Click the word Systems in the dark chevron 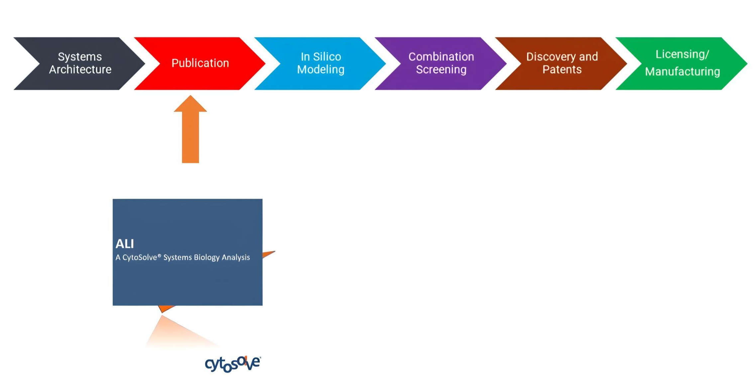point(80,57)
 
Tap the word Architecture point(80,70)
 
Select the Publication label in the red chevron point(200,63)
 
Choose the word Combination point(441,57)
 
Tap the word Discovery point(551,57)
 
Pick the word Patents point(562,70)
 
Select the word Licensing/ point(682,54)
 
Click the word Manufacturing point(683,72)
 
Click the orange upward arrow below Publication point(190,129)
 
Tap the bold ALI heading point(125,244)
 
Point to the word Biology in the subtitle point(207,258)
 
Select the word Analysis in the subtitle point(236,258)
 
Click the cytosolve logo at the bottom point(233,364)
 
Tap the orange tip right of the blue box point(274,252)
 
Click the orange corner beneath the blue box point(162,312)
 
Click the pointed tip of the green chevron point(747,63)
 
